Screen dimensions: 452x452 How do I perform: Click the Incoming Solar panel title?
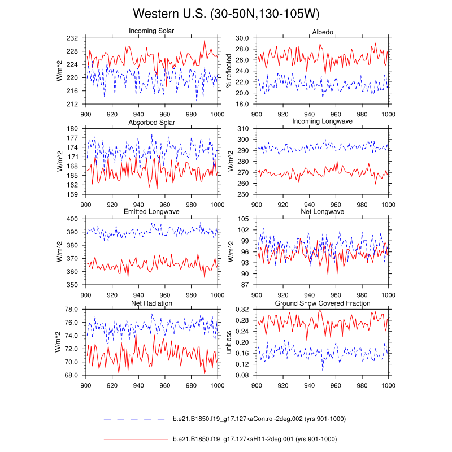[151, 31]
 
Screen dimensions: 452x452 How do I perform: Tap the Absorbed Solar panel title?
[151, 122]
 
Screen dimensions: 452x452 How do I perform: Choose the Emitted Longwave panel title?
[151, 212]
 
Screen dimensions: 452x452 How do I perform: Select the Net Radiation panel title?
[151, 303]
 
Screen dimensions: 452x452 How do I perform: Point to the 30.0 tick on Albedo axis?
[242, 38]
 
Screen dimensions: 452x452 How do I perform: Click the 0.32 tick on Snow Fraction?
[242, 310]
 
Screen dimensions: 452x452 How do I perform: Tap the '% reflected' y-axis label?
[229, 71]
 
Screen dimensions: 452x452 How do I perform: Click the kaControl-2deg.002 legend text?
[259, 419]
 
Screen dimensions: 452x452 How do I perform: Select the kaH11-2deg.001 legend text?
[254, 439]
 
